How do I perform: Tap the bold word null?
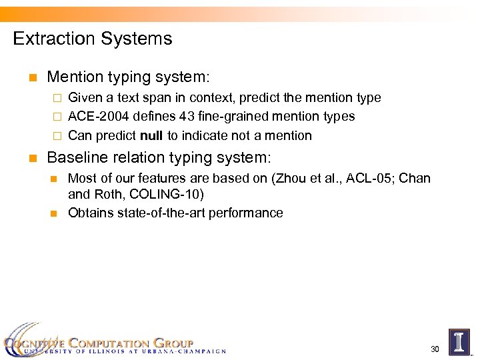pos(153,135)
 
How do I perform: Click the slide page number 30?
pos(435,349)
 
